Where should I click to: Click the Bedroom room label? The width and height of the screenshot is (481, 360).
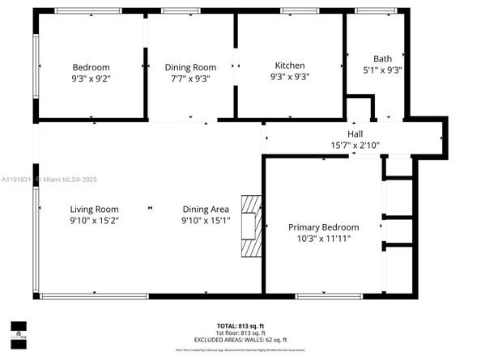91,67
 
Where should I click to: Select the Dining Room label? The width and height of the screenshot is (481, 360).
190,67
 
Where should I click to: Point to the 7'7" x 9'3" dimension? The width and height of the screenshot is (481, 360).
190,78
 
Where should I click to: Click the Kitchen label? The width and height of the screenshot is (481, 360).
290,66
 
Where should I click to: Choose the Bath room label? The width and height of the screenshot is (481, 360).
382,58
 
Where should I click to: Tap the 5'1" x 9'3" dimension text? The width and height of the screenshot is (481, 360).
382,70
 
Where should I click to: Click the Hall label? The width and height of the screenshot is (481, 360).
355,134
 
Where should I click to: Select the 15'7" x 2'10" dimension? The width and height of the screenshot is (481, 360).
355,146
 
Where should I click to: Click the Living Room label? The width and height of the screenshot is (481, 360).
94,209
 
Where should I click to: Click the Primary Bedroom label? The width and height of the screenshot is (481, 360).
323,227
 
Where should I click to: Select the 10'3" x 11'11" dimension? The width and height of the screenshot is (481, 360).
323,239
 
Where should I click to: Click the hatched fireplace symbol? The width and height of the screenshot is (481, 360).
253,227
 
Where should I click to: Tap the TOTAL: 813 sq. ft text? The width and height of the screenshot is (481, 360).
240,325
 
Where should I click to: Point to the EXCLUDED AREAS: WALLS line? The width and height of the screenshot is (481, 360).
240,340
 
